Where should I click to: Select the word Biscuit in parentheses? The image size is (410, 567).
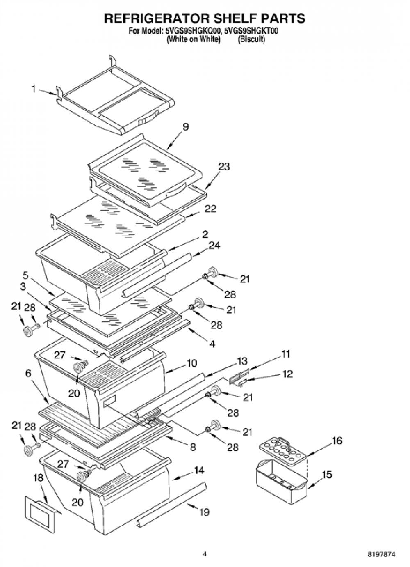[251, 39]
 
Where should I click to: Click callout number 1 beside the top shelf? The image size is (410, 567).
[34, 89]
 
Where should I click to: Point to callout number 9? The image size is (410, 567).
[186, 126]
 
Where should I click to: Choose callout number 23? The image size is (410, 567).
[224, 167]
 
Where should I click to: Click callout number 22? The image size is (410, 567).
[211, 208]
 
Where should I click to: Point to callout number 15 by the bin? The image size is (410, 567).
[327, 474]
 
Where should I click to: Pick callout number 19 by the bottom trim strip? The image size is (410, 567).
[204, 512]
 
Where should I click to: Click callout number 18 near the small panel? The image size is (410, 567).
[38, 478]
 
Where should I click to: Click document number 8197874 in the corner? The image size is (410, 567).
[382, 553]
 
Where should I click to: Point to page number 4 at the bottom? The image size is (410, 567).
[205, 553]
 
